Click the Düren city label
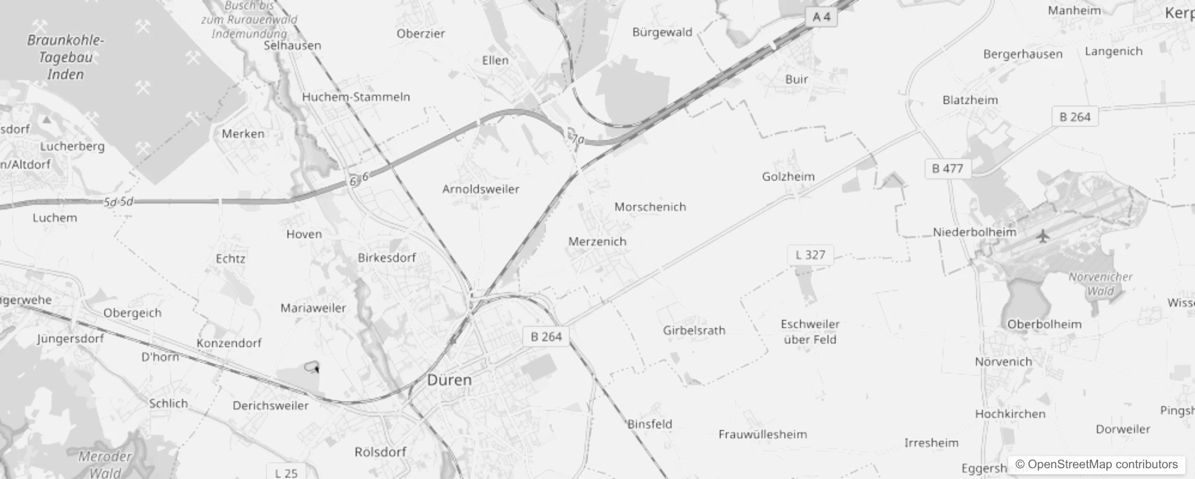(x=449, y=380)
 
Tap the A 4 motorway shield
(x=821, y=17)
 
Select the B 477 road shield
(x=947, y=169)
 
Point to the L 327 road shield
(x=810, y=255)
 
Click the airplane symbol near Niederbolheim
(x=1043, y=236)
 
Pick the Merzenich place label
(x=597, y=242)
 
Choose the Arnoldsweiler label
(x=480, y=189)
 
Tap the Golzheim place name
(x=788, y=177)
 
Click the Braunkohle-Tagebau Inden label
(x=65, y=57)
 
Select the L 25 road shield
(x=286, y=473)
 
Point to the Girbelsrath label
(x=694, y=331)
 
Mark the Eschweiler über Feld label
(x=810, y=332)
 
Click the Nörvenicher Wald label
(x=1100, y=284)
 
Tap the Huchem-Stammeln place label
(x=356, y=97)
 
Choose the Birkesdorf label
(x=386, y=258)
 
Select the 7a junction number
(x=577, y=140)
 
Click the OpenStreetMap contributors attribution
(x=1097, y=465)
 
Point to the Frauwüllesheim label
(x=762, y=435)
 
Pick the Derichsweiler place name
(x=271, y=406)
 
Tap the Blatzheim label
(x=970, y=101)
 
